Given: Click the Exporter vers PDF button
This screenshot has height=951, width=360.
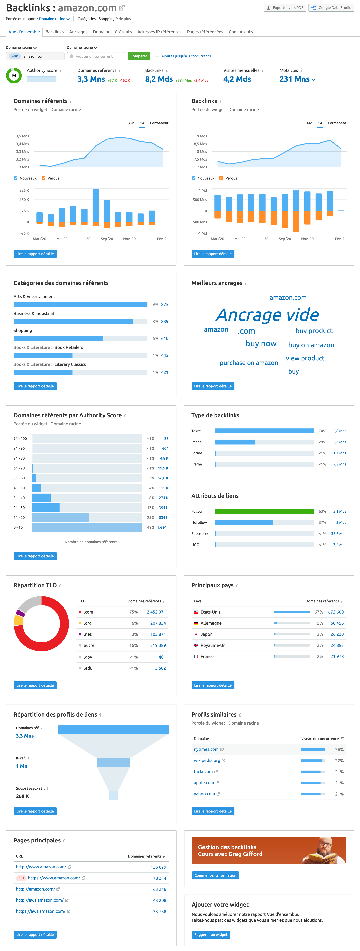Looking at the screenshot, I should click(285, 8).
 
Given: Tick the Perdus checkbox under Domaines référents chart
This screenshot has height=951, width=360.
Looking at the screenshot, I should click(43, 178).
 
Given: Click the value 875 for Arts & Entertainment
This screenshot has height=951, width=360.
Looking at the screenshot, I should click(165, 305).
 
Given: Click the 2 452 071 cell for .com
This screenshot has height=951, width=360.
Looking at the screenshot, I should click(156, 612).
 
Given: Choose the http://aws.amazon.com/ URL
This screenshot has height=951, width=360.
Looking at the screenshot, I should click(39, 900).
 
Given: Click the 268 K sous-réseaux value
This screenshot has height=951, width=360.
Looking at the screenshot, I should click(23, 796).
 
